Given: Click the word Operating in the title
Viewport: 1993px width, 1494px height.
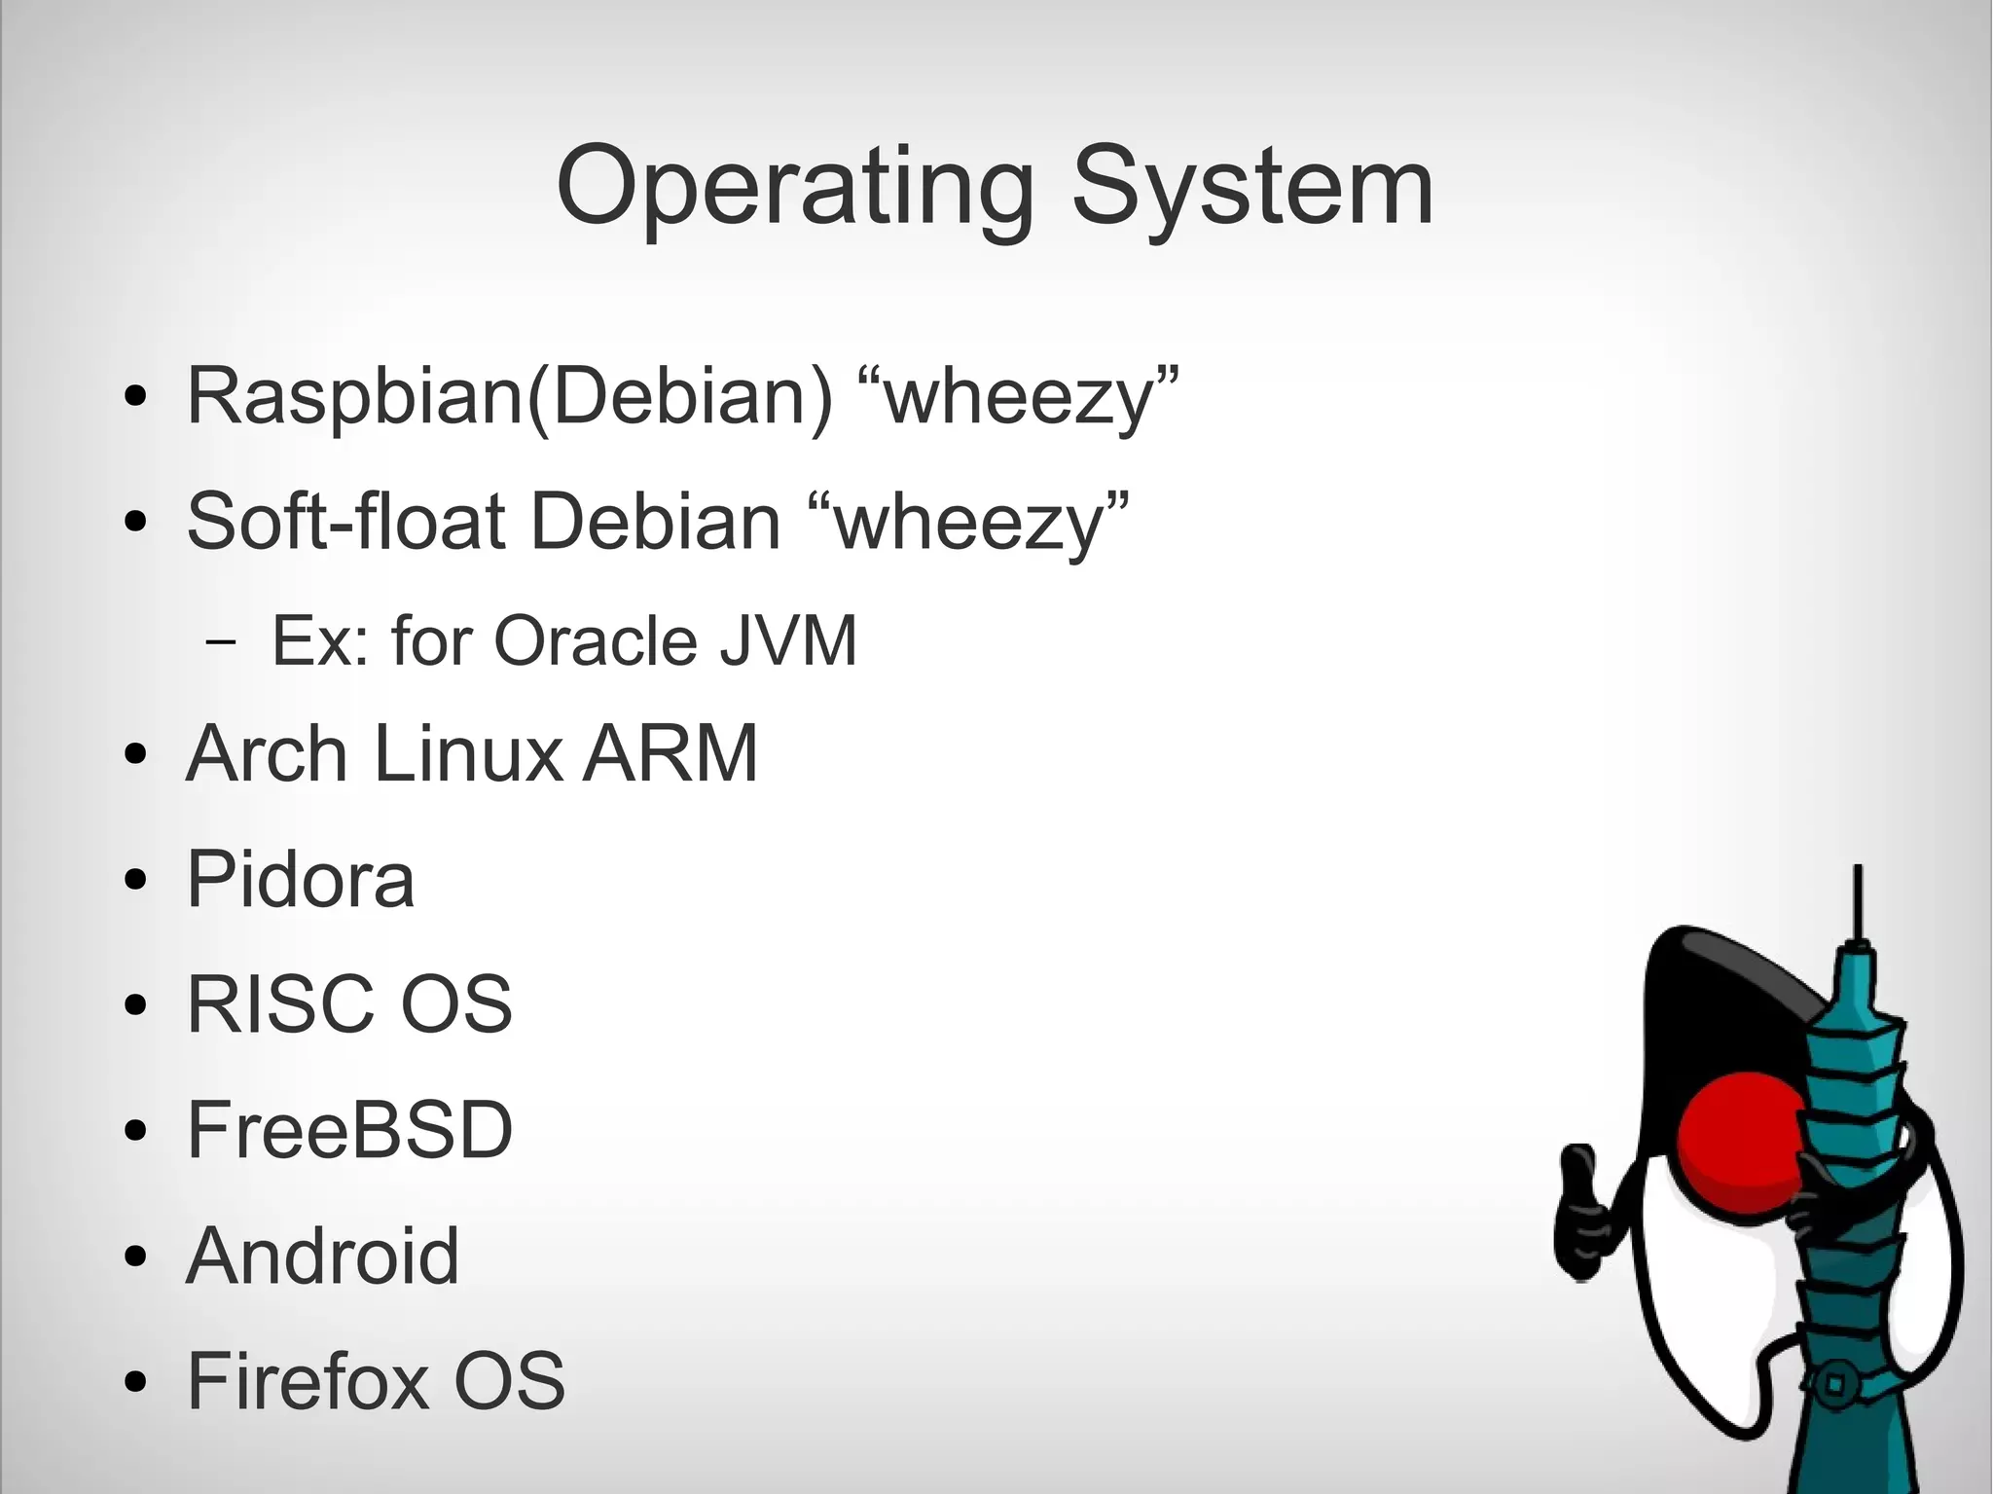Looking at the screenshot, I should (x=794, y=187).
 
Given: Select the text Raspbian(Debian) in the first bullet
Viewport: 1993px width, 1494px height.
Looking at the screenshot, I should (x=509, y=396).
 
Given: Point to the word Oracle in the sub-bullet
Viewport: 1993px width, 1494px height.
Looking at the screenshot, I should (x=596, y=641).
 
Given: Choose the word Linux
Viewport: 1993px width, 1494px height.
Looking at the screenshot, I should (x=467, y=753).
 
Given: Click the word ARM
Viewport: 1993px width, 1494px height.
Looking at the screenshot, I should (x=670, y=753).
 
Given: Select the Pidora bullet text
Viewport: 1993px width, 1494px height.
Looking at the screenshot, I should (x=300, y=879).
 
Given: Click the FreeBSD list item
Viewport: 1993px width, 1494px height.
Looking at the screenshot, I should (x=349, y=1130).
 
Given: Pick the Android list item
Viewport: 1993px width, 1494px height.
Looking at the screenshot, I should (x=322, y=1256).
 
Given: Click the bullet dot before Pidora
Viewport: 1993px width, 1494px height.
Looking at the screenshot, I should (x=135, y=882).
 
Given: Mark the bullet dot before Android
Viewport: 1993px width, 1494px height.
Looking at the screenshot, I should (x=135, y=1258).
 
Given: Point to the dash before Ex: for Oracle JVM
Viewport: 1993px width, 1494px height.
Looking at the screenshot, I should (x=221, y=643).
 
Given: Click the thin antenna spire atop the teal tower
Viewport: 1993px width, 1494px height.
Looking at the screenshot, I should (x=1858, y=900).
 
